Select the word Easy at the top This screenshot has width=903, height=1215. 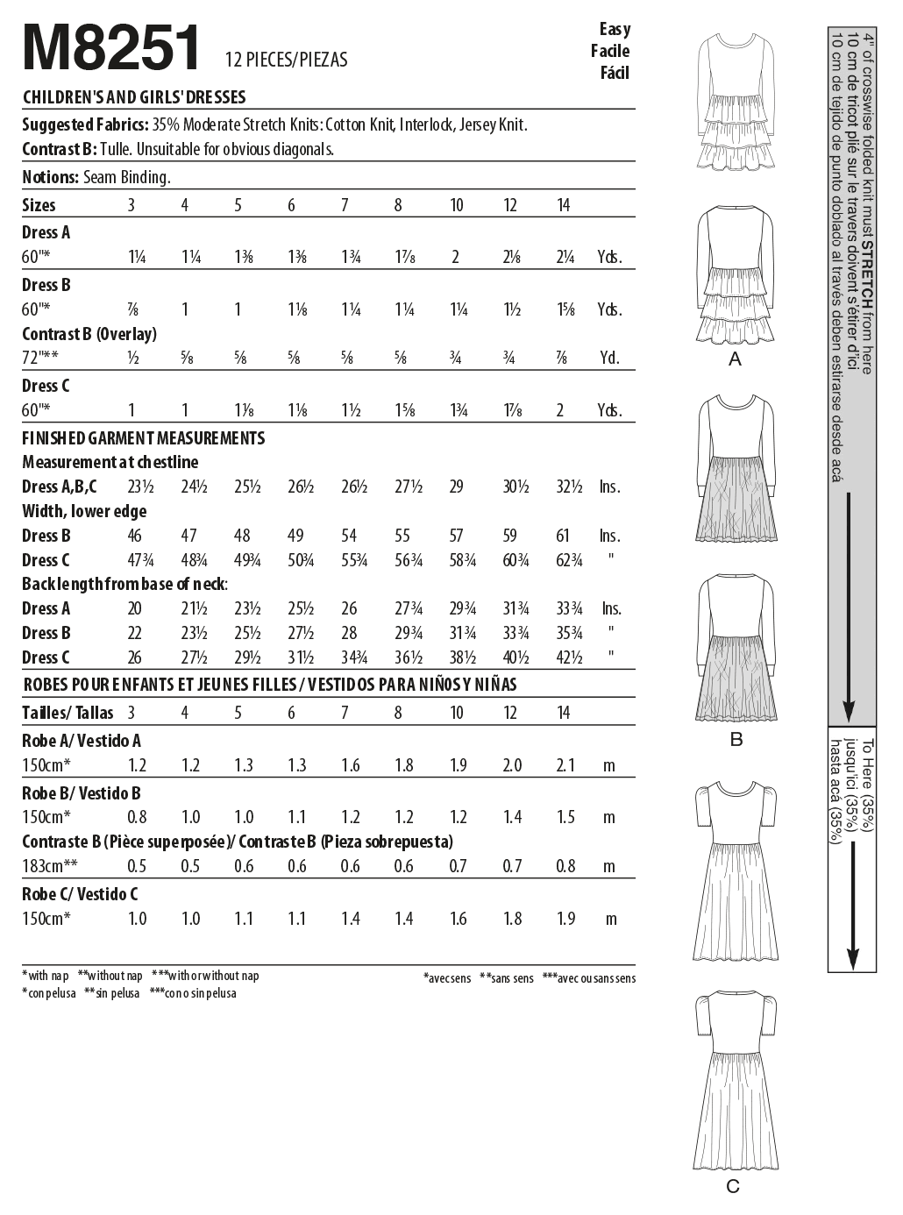615,29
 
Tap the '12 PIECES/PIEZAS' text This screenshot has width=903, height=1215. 286,60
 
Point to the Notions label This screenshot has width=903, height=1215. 50,177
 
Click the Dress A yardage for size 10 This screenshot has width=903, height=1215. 456,257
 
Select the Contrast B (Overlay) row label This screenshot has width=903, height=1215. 89,334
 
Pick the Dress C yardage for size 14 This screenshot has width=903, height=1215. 561,410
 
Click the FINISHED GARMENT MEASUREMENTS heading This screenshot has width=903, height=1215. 143,437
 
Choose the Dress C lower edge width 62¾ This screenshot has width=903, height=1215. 568,560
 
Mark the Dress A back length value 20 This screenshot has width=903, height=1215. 136,608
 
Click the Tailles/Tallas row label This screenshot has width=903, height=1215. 68,713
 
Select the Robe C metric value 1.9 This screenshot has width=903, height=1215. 565,919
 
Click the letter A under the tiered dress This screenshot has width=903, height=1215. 735,359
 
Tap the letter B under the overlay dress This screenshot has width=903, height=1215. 736,739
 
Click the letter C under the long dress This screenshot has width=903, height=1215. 733,1186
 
